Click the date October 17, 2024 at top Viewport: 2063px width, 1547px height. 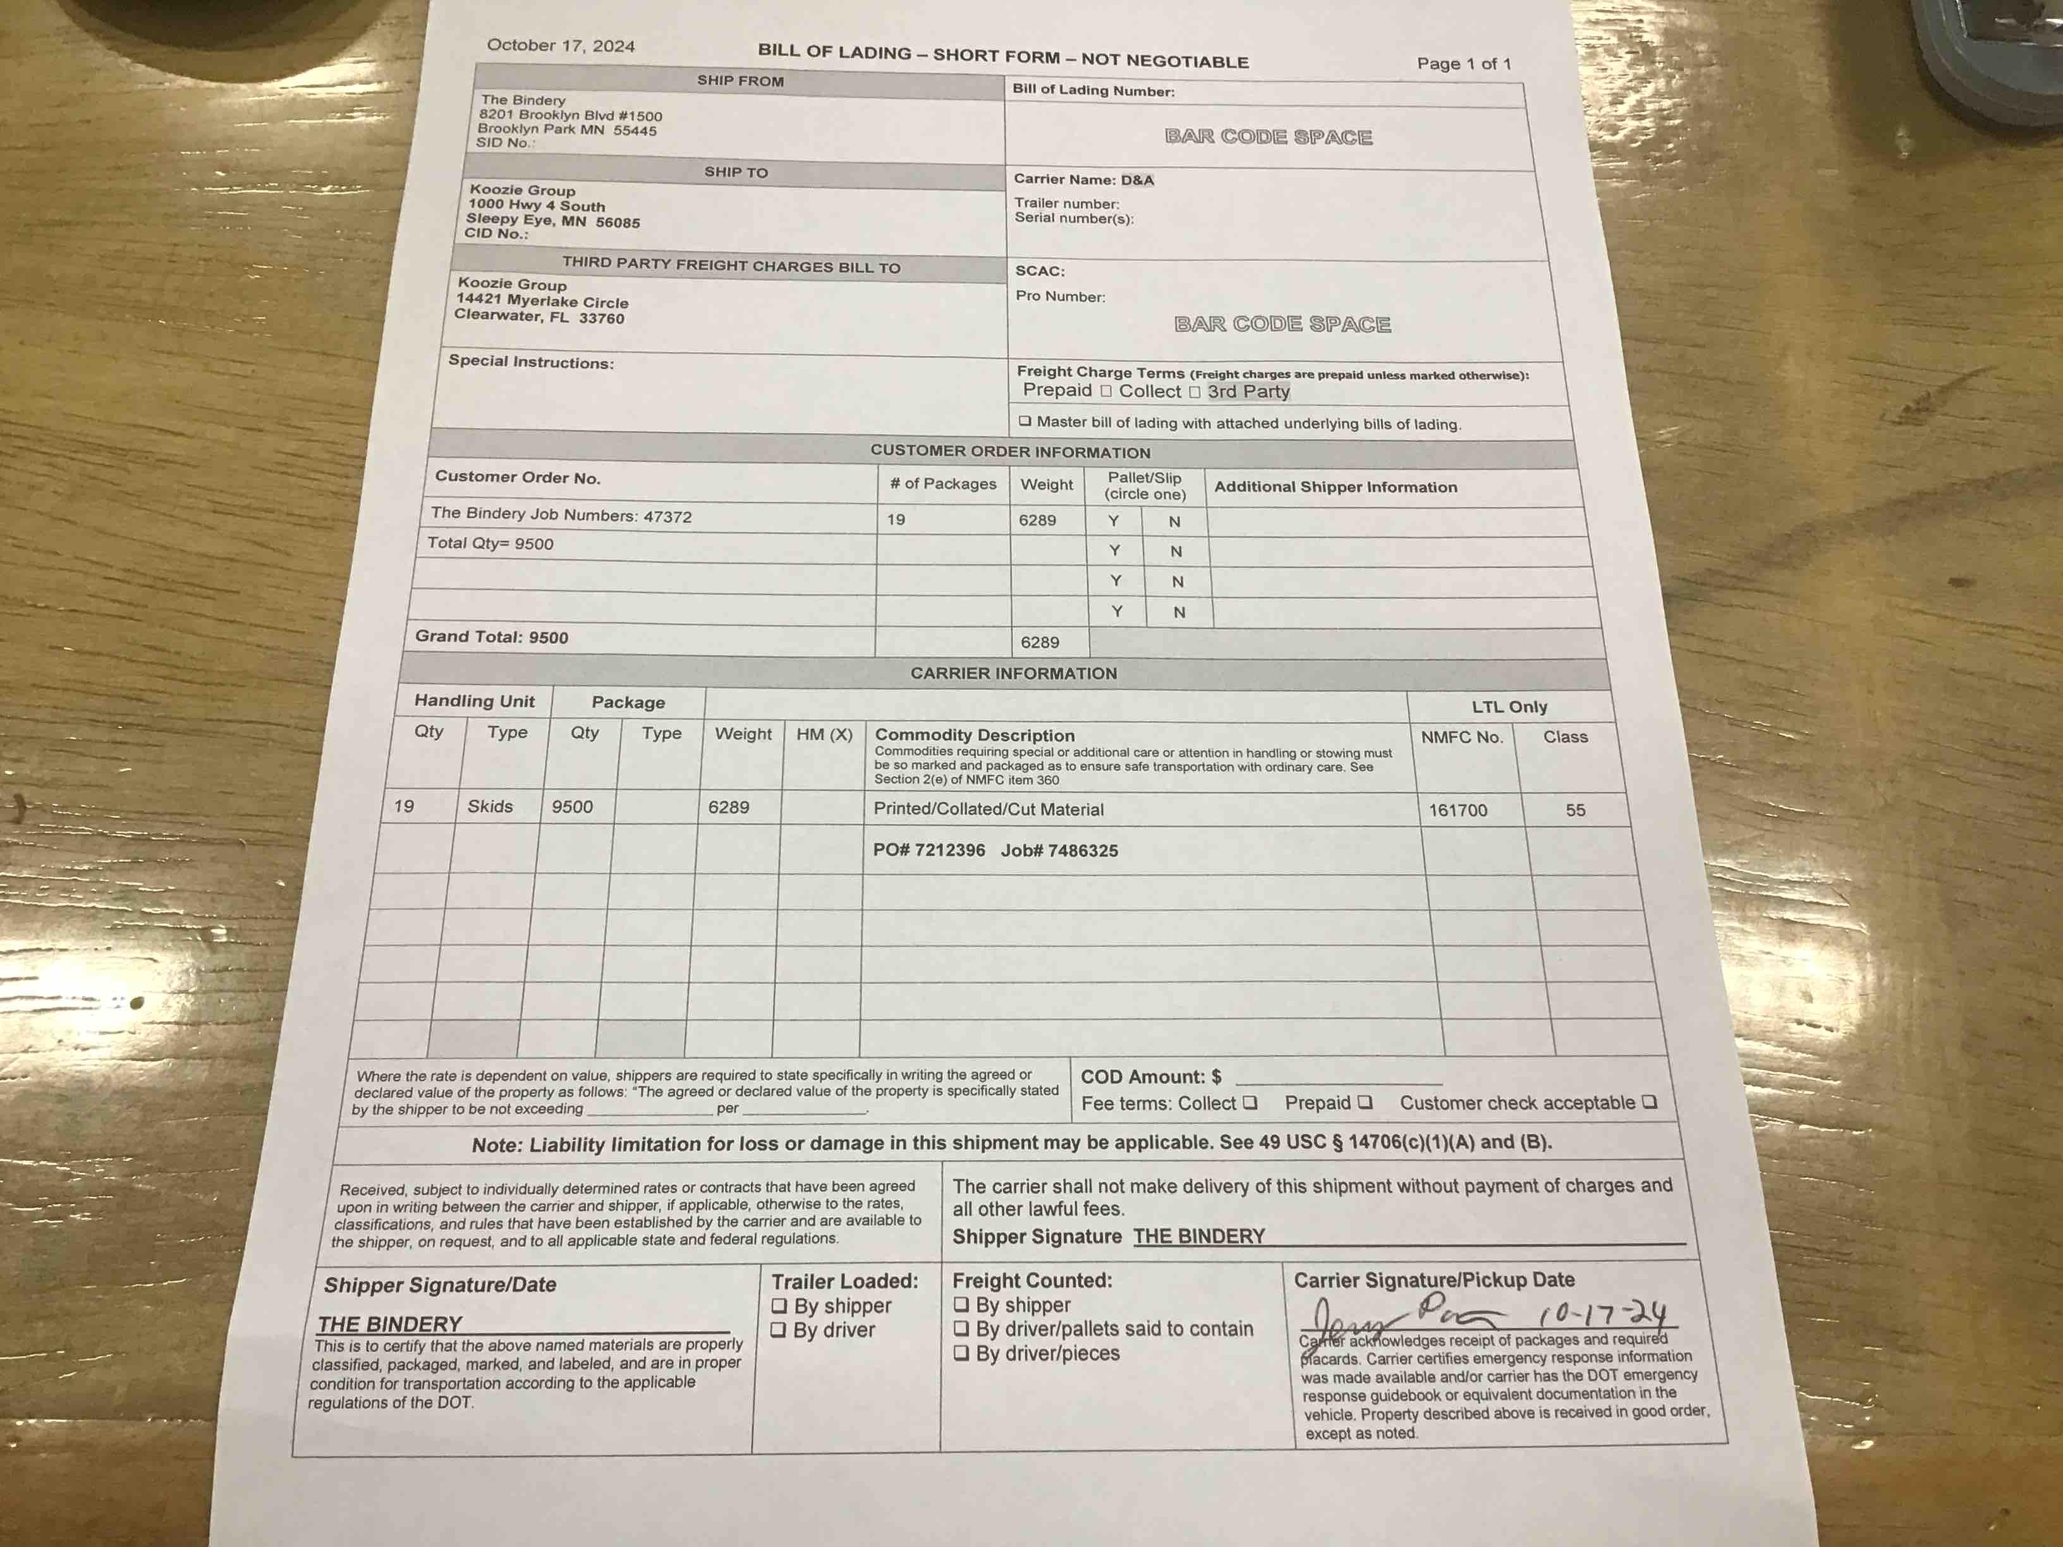pos(561,45)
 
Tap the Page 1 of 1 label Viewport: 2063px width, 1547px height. pos(1463,63)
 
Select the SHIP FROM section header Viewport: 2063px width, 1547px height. pos(741,81)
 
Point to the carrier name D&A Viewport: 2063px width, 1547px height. pos(1137,180)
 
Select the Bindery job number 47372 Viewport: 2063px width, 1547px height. pos(668,516)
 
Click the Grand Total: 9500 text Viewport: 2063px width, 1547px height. pos(492,637)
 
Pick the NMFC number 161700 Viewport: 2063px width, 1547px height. pos(1457,810)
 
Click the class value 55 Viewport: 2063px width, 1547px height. pos(1575,810)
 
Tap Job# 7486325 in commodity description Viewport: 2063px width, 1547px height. pos(1059,851)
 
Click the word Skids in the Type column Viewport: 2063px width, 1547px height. pos(490,806)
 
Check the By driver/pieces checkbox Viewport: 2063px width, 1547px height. pos(961,1353)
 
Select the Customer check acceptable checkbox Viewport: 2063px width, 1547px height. pos(1650,1102)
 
